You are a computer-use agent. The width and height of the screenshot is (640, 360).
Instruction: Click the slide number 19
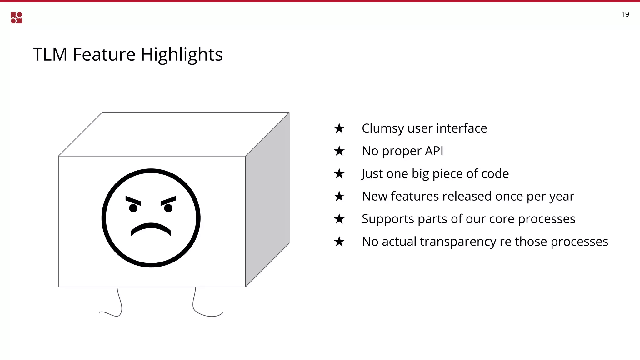point(625,14)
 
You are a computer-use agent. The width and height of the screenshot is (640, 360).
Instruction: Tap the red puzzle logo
point(16,18)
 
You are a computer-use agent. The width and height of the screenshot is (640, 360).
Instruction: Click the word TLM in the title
point(50,54)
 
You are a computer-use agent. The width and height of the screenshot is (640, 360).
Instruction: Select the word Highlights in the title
point(182,55)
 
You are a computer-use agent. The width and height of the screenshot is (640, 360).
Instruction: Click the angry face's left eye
point(133,208)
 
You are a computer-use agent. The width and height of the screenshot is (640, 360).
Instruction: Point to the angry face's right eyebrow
point(168,200)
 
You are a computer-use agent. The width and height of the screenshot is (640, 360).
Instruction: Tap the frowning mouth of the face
point(151,229)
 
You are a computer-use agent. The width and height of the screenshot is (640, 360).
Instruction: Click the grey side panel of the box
point(267,200)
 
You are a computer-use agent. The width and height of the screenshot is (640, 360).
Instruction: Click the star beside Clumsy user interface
point(339,128)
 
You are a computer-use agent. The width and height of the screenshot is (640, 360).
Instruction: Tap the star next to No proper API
point(339,151)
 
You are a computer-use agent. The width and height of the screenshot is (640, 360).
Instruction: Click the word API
point(434,151)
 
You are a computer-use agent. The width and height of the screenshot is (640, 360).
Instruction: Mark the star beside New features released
point(339,197)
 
